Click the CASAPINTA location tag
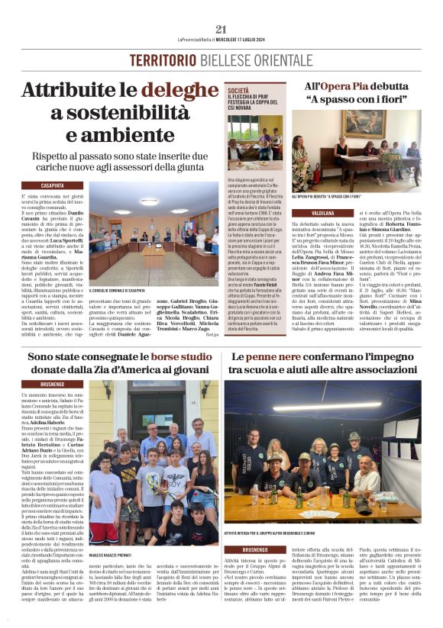(x=52, y=185)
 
